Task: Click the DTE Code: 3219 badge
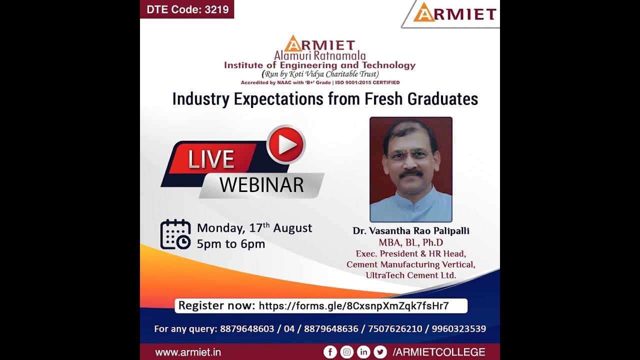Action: tap(186, 10)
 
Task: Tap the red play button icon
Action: tap(286, 144)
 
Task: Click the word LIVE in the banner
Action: tap(211, 159)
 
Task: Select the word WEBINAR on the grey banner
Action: tap(261, 185)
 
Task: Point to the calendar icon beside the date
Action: tap(175, 234)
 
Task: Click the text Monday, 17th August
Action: tap(254, 228)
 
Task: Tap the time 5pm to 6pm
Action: tap(231, 244)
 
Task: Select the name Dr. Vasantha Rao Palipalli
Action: tap(411, 231)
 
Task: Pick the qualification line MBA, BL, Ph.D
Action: tap(411, 243)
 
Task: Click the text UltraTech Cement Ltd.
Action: tap(411, 275)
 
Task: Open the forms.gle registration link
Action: tap(353, 306)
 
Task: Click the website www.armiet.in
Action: tap(188, 352)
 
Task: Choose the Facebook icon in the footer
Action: tap(330, 352)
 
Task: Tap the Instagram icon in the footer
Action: tap(347, 352)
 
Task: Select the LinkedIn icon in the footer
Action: tap(363, 352)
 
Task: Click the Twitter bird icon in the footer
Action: tap(380, 352)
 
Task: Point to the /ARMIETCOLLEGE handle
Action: tap(439, 352)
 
